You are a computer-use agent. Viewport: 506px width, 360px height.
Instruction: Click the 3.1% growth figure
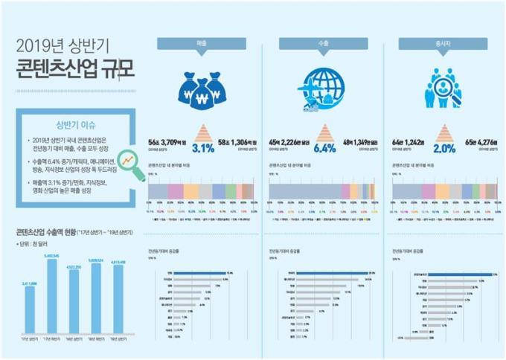(x=202, y=147)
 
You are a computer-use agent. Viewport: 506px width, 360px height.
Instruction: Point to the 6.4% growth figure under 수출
(x=325, y=147)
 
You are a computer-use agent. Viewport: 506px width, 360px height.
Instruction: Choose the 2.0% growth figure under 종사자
(x=444, y=147)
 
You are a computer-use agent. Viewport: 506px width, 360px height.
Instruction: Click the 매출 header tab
(x=202, y=45)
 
